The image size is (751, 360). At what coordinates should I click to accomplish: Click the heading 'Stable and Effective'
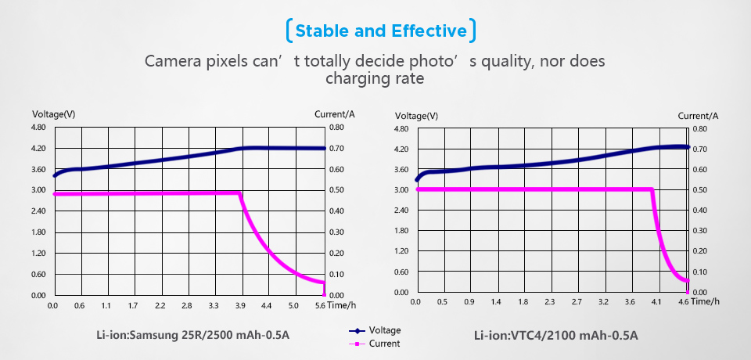click(382, 31)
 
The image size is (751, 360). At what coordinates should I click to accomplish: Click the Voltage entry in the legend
click(384, 330)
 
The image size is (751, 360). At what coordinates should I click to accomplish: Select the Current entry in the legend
click(384, 344)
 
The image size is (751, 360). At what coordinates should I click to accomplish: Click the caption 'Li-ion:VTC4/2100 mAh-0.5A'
click(556, 336)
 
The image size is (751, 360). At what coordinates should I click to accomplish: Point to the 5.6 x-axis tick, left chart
click(319, 305)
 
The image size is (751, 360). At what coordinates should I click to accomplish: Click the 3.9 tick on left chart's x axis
click(239, 305)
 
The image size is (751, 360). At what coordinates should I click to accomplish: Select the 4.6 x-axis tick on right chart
click(684, 302)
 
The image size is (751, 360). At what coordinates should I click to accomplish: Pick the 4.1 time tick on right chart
click(656, 302)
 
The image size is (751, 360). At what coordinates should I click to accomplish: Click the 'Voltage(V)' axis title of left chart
click(53, 114)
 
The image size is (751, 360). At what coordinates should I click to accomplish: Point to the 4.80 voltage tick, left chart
click(38, 128)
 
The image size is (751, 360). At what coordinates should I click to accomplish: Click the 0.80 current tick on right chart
click(700, 129)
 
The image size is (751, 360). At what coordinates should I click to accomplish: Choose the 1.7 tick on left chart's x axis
click(133, 305)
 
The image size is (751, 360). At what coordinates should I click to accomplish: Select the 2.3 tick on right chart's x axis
click(549, 302)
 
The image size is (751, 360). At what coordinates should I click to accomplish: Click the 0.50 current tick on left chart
click(336, 190)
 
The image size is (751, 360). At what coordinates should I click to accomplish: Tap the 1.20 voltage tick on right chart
click(402, 251)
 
